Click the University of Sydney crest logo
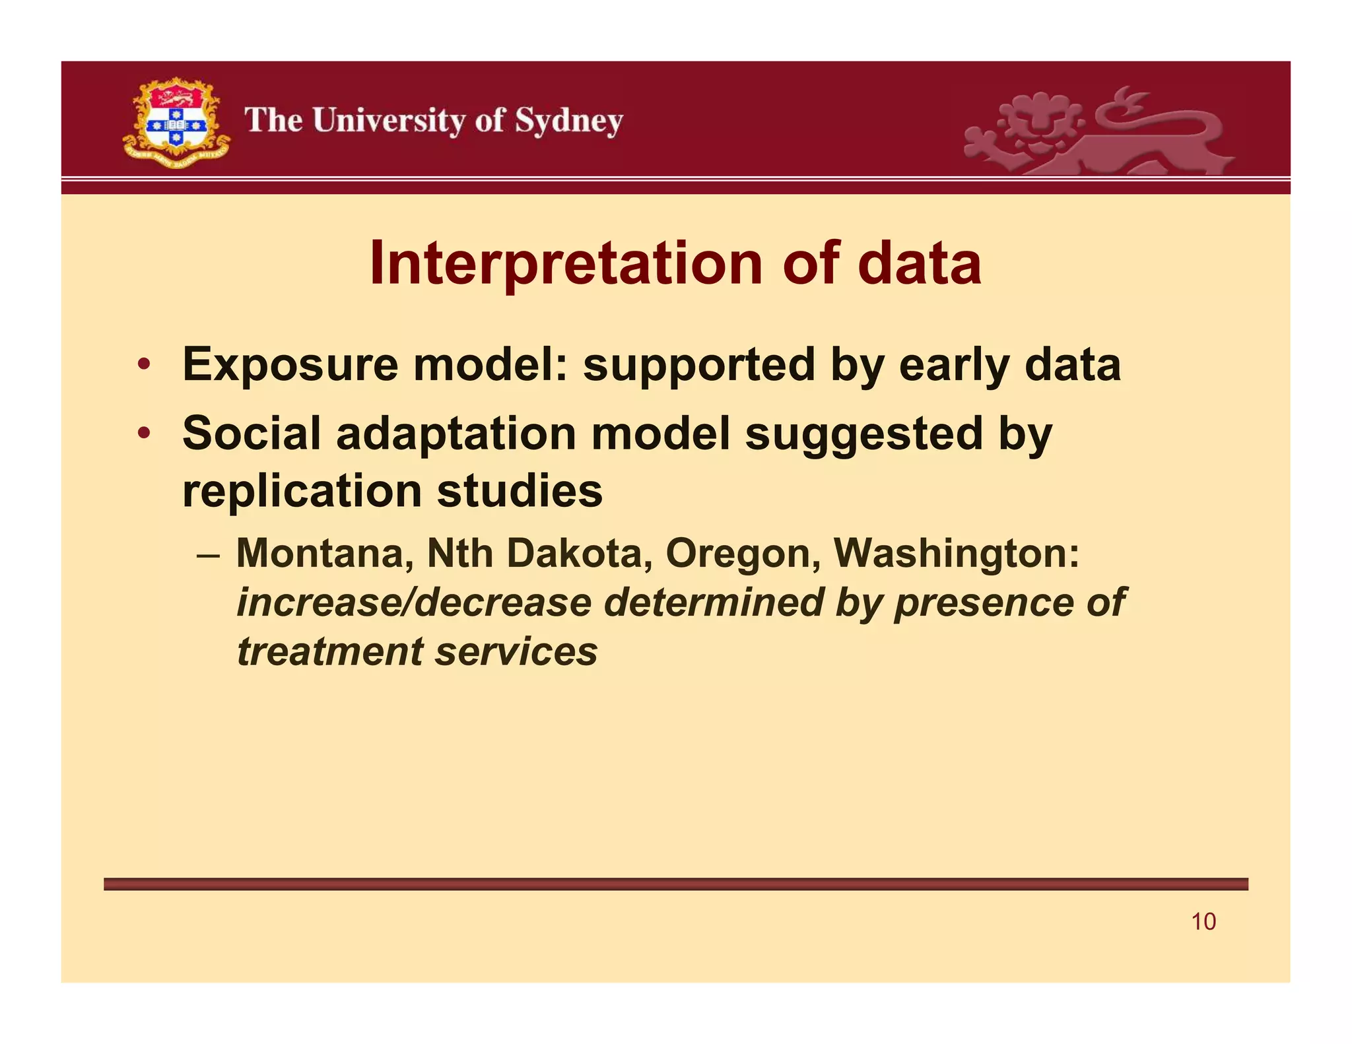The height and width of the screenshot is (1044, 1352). click(176, 123)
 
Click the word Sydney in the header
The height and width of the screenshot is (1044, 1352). click(568, 121)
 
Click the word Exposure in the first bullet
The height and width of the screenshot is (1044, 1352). click(290, 365)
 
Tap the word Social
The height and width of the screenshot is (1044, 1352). click(252, 434)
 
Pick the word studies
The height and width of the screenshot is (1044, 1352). click(520, 492)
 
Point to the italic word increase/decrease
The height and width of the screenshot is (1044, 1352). click(414, 603)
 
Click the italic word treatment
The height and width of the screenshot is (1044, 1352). click(329, 652)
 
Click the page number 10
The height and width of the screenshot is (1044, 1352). click(1203, 922)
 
